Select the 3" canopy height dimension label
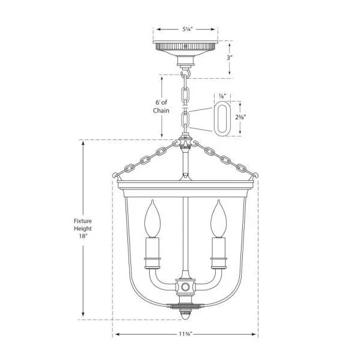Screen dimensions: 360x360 [230, 58]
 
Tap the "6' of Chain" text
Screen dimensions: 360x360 [161, 106]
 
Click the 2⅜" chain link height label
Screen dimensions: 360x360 [240, 118]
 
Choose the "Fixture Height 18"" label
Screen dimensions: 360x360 [82, 228]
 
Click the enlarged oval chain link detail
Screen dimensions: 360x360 [222, 118]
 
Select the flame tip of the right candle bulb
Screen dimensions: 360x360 [219, 204]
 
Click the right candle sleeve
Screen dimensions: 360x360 [219, 252]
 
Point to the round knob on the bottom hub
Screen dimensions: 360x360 [186, 287]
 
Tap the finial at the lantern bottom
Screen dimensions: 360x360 [186, 313]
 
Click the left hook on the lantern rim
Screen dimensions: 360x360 [115, 175]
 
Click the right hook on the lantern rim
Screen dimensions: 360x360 [257, 175]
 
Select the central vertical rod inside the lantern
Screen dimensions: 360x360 [186, 234]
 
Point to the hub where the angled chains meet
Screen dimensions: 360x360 [186, 145]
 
